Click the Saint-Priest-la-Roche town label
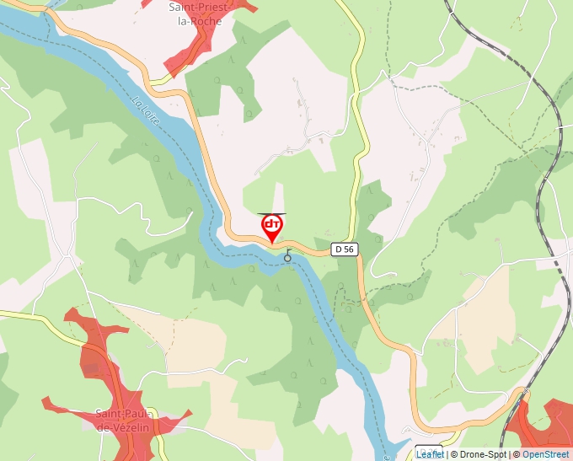(195, 13)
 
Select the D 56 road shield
(344, 249)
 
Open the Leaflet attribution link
(430, 454)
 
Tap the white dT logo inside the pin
(272, 224)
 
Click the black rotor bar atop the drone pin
(272, 214)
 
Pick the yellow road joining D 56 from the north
(361, 152)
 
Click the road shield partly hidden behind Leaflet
(429, 448)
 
